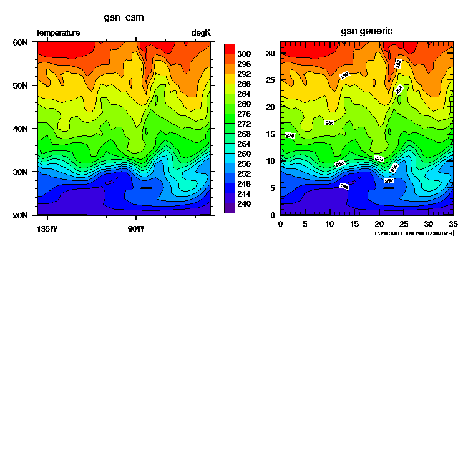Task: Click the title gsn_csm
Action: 124,17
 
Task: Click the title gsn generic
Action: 367,31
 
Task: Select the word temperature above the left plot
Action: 59,32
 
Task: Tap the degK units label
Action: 201,32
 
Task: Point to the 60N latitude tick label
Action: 20,42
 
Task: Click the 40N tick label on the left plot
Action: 20,129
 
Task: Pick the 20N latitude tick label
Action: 20,215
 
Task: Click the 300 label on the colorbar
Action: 244,54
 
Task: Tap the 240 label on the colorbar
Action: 244,203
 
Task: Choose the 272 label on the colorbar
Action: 244,124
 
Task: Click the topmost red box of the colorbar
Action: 229,49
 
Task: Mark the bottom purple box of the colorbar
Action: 229,208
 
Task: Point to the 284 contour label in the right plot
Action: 329,123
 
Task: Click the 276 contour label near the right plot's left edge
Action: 290,135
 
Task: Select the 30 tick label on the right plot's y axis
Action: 273,53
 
